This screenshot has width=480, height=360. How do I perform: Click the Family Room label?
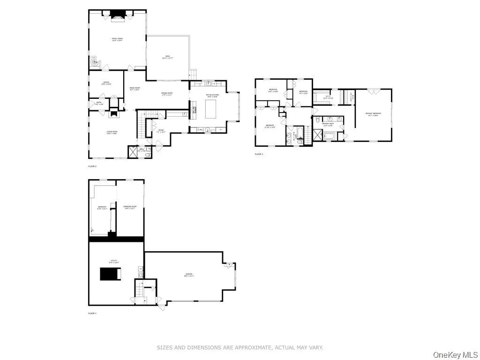pyautogui.click(x=117, y=39)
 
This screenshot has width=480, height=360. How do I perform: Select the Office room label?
pyautogui.click(x=106, y=83)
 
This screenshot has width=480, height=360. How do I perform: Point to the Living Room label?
pyautogui.click(x=112, y=133)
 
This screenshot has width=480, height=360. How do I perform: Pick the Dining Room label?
pyautogui.click(x=167, y=93)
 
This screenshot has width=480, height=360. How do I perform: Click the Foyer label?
pyautogui.click(x=160, y=132)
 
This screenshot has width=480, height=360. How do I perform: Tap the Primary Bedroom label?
pyautogui.click(x=374, y=114)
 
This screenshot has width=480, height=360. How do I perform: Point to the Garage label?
pyautogui.click(x=189, y=275)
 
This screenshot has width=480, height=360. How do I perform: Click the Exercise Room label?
pyautogui.click(x=130, y=207)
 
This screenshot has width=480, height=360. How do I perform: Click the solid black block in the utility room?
pyautogui.click(x=111, y=274)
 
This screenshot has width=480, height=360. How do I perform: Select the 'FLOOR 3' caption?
pyautogui.click(x=259, y=154)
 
